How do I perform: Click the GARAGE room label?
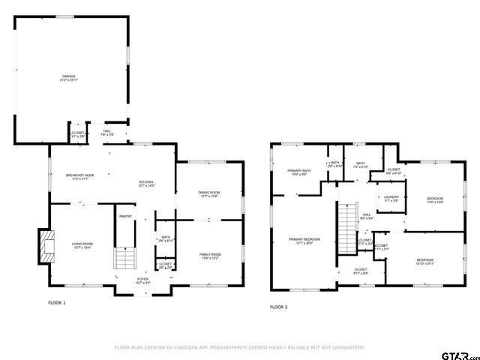point(68,78)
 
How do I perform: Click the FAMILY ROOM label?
point(209,256)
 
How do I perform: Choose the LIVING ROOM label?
point(82,245)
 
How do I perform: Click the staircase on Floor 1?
point(124,259)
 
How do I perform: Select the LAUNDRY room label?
point(391,198)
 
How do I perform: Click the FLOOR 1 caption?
point(57,303)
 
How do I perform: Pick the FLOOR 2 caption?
point(279,307)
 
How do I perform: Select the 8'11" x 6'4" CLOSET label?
point(361,270)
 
